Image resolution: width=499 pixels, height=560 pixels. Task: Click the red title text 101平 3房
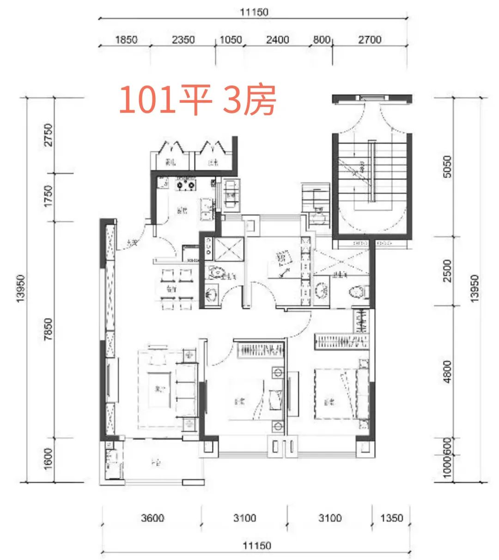click(x=198, y=100)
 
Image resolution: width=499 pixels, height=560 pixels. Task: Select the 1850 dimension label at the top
click(x=126, y=40)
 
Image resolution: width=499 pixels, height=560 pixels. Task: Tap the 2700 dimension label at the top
click(x=370, y=40)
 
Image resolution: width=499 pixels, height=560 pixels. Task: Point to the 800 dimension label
click(x=322, y=40)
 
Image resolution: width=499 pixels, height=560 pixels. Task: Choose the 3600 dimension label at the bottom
click(x=152, y=518)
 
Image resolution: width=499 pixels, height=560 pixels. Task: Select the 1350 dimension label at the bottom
click(x=391, y=518)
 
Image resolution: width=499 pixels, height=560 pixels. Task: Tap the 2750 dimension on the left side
click(x=49, y=135)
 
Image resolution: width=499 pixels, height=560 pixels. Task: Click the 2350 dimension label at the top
click(x=183, y=40)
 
